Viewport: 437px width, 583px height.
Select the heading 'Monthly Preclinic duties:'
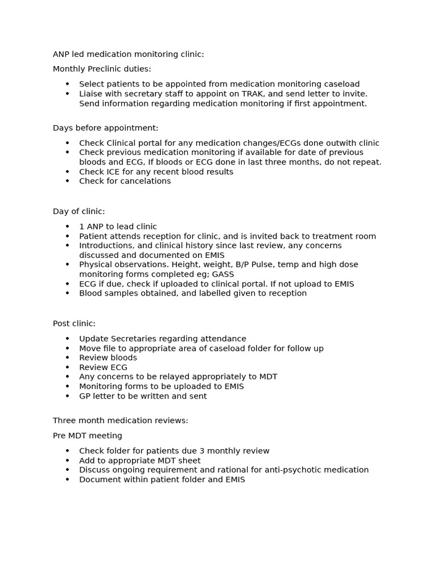tap(102, 69)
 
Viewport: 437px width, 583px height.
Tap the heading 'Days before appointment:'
tap(105, 128)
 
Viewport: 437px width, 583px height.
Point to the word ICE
tap(113, 171)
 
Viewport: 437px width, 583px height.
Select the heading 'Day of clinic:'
tap(79, 211)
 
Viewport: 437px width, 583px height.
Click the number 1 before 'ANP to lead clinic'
tap(81, 227)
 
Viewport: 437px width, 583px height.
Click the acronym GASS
tap(223, 274)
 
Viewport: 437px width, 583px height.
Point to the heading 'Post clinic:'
tap(74, 323)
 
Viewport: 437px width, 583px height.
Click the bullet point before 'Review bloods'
tap(67, 358)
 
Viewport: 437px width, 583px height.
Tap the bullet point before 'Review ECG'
tap(67, 368)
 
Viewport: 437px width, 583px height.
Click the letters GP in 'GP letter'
tap(85, 396)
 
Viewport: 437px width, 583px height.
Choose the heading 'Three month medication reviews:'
tap(120, 420)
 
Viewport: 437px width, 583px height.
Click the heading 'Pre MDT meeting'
tap(87, 436)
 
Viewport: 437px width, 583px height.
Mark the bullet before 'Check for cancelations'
tap(67, 181)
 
